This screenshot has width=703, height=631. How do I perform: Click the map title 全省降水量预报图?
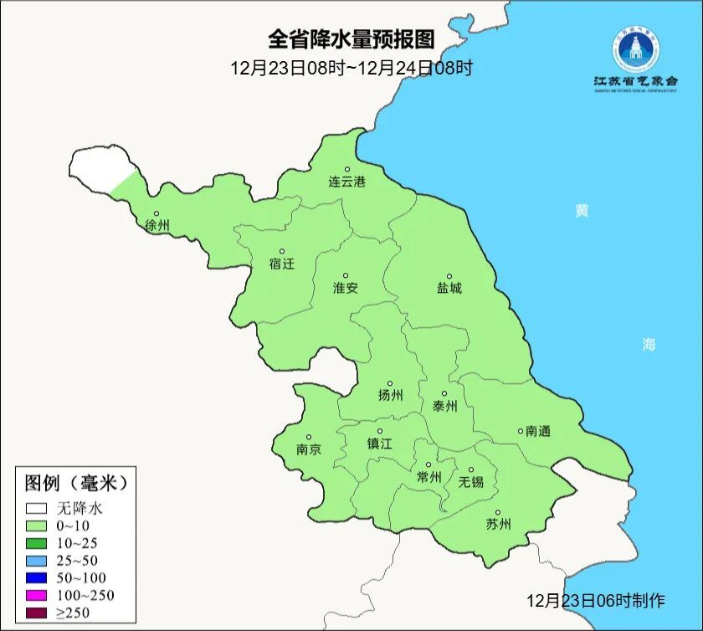[351, 39]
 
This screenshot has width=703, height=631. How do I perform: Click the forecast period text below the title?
[351, 68]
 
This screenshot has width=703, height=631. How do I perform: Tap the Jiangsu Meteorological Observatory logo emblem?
[635, 49]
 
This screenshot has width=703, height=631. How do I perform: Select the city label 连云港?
[346, 182]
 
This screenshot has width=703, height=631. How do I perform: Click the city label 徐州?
[157, 226]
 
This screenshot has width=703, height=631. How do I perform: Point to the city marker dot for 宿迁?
[282, 251]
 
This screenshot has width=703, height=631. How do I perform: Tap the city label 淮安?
[346, 288]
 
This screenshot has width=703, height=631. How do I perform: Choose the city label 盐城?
[449, 289]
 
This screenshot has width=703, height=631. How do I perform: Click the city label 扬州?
[390, 395]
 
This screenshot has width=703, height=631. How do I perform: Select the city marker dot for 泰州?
[444, 393]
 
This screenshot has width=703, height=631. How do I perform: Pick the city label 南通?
[538, 431]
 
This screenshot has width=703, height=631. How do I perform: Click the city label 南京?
[308, 449]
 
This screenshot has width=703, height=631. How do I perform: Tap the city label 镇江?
[379, 444]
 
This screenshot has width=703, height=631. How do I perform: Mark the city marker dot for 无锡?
[470, 469]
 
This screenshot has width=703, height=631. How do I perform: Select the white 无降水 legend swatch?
[35, 508]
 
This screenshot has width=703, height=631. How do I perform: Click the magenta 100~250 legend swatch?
[35, 595]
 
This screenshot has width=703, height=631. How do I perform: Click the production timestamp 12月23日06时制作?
[595, 600]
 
